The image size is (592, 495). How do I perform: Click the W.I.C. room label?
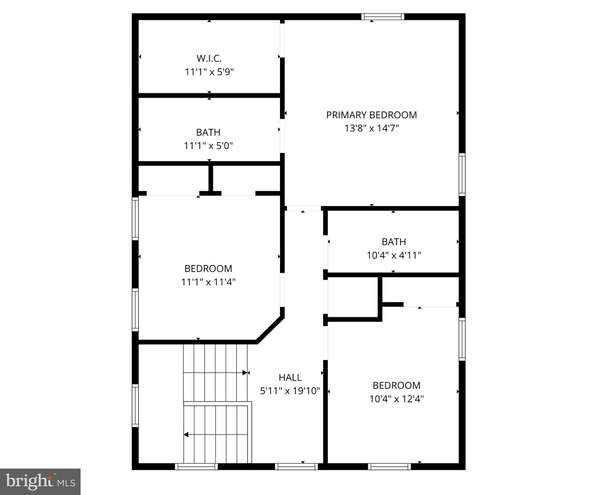pos(209,58)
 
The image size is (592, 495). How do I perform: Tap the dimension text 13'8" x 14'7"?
pos(371,128)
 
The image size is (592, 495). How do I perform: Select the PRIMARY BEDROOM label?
pos(371,115)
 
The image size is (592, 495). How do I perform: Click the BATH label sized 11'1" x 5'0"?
pos(208,132)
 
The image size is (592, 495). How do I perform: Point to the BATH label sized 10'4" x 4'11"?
pos(393,242)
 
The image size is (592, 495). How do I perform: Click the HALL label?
pos(290,377)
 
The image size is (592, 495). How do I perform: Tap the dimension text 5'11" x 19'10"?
pos(290,391)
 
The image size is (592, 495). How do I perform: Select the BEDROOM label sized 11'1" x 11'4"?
pos(208,268)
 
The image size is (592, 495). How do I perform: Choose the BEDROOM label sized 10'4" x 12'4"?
pos(396,385)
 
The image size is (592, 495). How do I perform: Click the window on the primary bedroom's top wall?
pos(383,16)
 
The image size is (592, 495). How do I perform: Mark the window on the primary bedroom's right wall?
pos(462,175)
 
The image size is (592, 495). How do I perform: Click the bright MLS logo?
pos(40,482)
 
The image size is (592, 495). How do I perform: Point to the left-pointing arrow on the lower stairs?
pos(186,435)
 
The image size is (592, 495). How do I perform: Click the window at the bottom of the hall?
pos(296,466)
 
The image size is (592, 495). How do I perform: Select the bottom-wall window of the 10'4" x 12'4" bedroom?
pos(389,466)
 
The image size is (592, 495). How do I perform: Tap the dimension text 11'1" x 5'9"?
pos(209,72)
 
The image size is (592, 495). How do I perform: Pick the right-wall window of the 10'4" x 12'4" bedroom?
pos(462,339)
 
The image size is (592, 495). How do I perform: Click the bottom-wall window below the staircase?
pos(196,466)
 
